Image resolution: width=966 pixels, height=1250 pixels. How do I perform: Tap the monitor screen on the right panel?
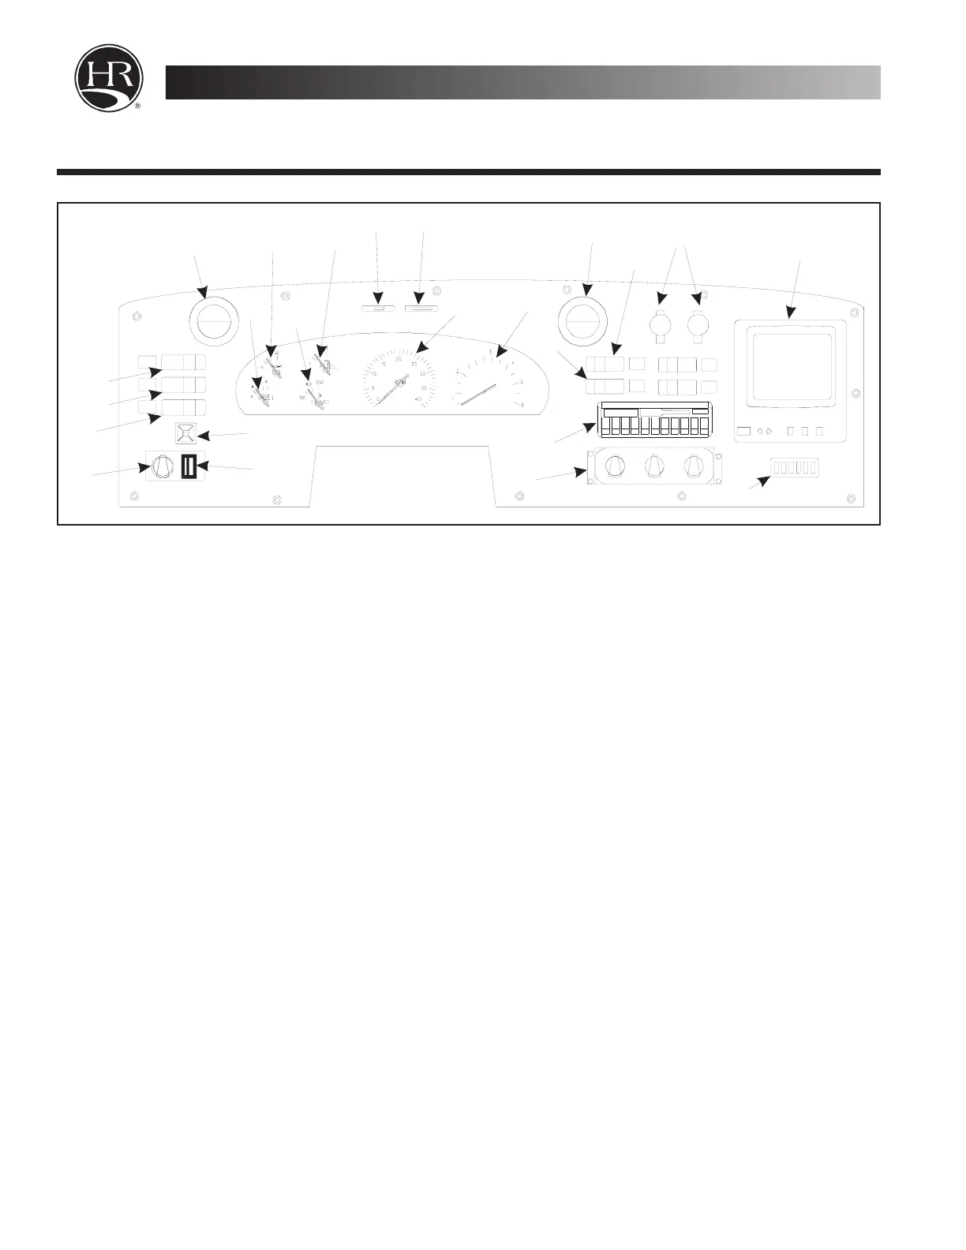(x=790, y=366)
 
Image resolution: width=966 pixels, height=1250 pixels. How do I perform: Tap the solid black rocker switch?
(x=189, y=467)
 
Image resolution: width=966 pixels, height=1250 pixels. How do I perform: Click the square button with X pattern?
(x=185, y=433)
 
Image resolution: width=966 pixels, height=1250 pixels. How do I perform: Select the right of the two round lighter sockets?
(x=698, y=324)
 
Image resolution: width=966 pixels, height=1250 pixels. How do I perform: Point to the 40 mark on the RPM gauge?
(x=417, y=400)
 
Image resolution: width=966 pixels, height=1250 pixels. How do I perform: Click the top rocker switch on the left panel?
(x=182, y=362)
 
